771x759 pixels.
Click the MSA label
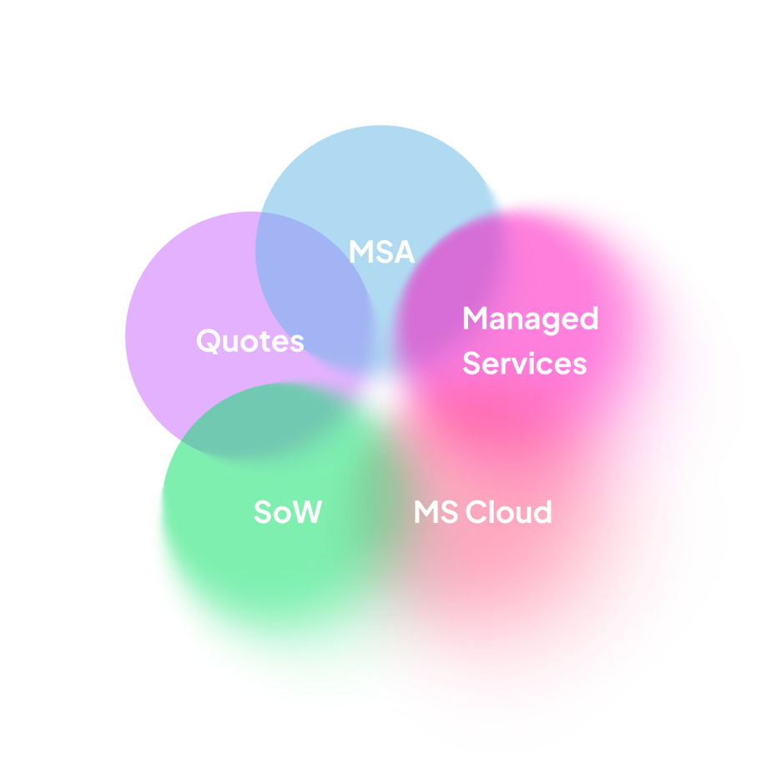tap(381, 251)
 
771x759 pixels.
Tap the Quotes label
tap(250, 340)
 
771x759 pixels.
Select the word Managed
tap(531, 319)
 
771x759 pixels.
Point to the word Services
tap(525, 364)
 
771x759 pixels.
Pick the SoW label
tap(288, 511)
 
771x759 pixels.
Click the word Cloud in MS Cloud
tap(509, 511)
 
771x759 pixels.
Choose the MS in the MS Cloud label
tap(436, 511)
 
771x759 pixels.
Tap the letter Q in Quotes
tap(209, 340)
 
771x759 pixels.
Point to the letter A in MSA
tap(404, 252)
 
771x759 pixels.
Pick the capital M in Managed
tap(475, 318)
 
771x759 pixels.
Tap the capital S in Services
tap(471, 364)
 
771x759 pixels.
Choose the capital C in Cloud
tap(476, 511)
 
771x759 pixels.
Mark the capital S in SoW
tap(263, 511)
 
